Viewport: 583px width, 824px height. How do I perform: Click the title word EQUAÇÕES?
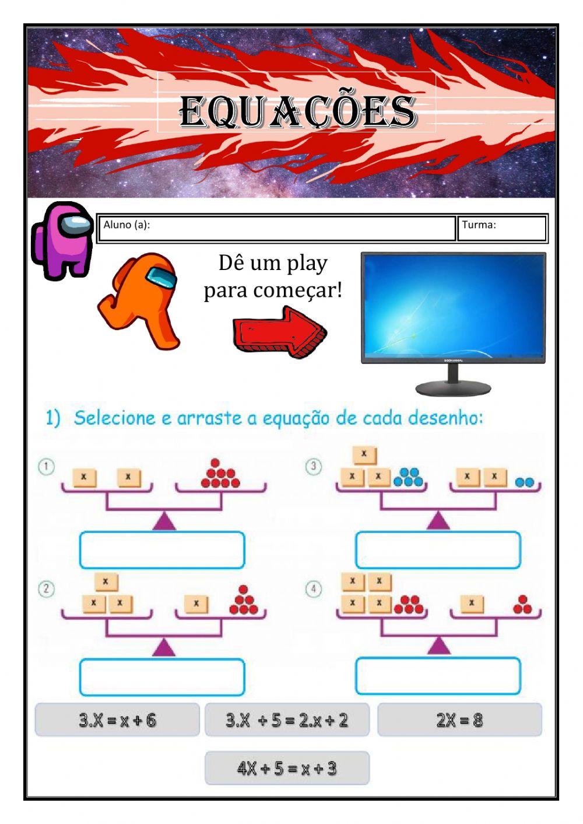pos(297,111)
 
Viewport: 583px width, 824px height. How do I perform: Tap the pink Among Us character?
pos(62,239)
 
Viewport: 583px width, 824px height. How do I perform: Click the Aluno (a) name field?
pos(276,228)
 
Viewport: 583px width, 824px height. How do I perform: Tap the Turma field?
pos(502,228)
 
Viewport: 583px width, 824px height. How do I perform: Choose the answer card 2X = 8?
pos(459,720)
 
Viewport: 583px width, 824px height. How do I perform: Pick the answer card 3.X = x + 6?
pos(117,720)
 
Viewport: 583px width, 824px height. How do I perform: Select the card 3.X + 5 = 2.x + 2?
pos(287,720)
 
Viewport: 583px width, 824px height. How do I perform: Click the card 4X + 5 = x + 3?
pos(287,768)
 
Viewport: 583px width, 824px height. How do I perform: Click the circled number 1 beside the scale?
pos(46,467)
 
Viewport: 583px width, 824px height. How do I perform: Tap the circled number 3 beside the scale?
pos(314,467)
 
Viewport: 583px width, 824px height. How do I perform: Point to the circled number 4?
pos(314,589)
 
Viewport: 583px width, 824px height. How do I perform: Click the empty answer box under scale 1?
pos(162,550)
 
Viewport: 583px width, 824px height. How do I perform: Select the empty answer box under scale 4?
pos(438,676)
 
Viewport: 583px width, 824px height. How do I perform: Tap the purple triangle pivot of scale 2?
pos(164,647)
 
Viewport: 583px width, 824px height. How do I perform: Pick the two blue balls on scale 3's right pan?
pos(525,482)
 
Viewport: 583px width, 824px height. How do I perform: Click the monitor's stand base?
pos(453,388)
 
